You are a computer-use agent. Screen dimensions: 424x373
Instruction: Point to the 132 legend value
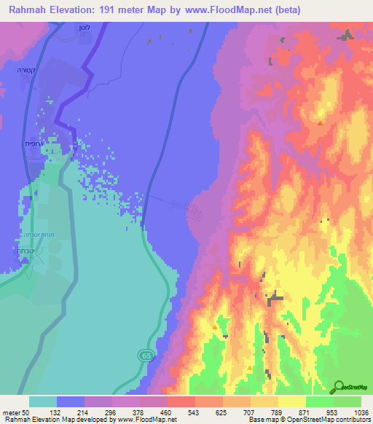tap(55, 412)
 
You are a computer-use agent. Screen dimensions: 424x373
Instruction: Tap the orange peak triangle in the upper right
tap(321, 122)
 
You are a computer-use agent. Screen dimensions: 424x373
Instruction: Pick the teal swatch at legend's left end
tap(42, 401)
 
